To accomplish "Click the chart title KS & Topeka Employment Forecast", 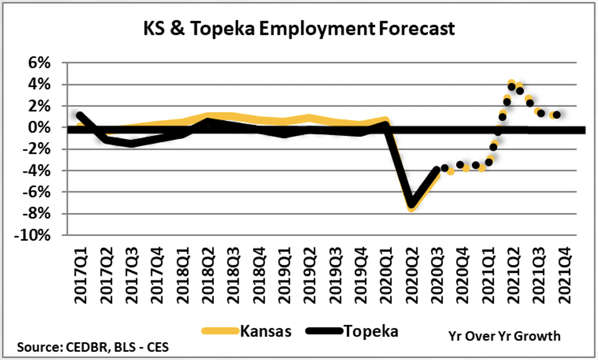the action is pos(299,29).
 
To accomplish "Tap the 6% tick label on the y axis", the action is pos(39,63).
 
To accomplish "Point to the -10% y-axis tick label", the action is pos(32,235).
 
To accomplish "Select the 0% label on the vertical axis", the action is pos(39,127).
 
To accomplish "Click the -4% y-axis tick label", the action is pos(36,171).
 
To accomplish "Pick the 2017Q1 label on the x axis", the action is pos(81,275).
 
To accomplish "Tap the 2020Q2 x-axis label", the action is pos(412,275).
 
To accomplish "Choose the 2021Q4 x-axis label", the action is pos(565,275).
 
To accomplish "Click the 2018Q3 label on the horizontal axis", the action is pos(233,275).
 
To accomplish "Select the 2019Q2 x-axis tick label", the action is pos(310,275).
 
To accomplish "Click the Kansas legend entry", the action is pos(266,331).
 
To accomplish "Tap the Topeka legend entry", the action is pos(371,331).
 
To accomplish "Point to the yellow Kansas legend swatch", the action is pos(220,331).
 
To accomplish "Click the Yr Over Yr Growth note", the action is pos(504,336).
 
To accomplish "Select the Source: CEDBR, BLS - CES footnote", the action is pos(93,347).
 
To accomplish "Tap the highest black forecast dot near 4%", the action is pos(512,87).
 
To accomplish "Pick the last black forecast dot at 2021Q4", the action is pos(557,115).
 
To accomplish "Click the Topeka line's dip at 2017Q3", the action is pos(131,144).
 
